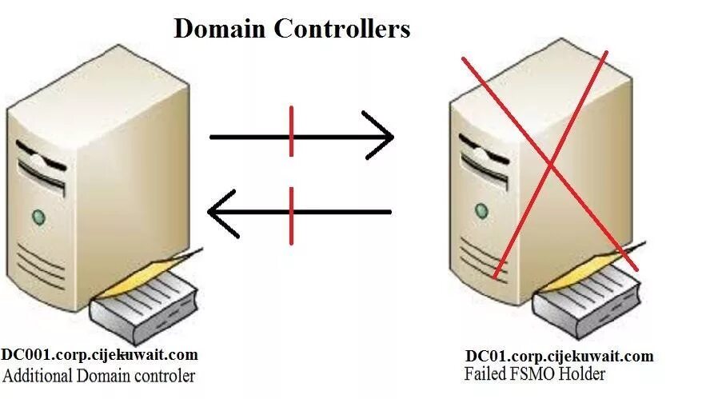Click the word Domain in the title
(220, 30)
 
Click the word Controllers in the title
(342, 30)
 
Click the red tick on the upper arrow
(291, 132)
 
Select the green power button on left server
(38, 216)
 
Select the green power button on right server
(481, 210)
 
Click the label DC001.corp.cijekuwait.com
(99, 355)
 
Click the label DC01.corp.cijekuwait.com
(560, 357)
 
